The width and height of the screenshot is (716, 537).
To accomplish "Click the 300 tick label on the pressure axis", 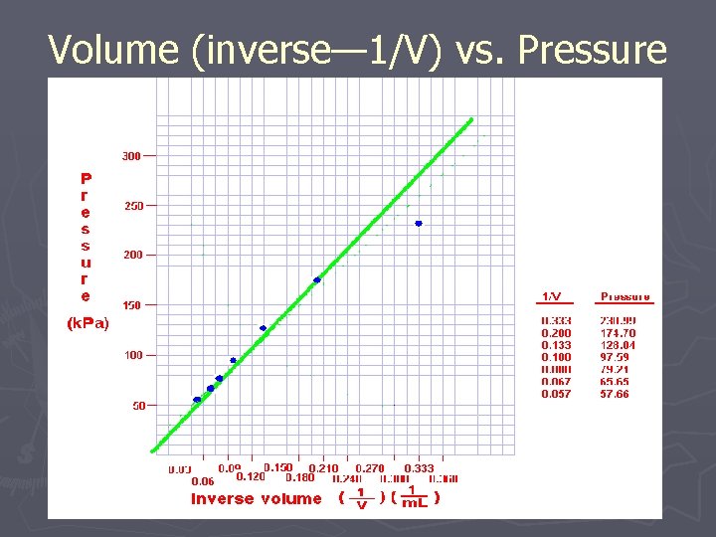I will pyautogui.click(x=131, y=156).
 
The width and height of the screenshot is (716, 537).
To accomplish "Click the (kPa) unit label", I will pyautogui.click(x=88, y=323).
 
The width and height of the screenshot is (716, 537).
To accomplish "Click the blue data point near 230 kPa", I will pyautogui.click(x=419, y=224).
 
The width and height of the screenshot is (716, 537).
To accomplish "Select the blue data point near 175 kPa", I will pyautogui.click(x=317, y=280).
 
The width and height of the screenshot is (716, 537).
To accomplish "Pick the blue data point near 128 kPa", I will pyautogui.click(x=263, y=328).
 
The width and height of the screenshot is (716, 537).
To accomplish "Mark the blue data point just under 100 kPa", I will pyautogui.click(x=233, y=360).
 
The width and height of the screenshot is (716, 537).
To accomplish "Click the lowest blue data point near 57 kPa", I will pyautogui.click(x=197, y=400).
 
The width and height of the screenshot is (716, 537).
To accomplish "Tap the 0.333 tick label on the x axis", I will pyautogui.click(x=419, y=468).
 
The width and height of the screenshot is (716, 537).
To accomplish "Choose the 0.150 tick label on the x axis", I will pyautogui.click(x=278, y=467).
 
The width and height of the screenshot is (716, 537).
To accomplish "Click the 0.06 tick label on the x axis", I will pyautogui.click(x=203, y=481).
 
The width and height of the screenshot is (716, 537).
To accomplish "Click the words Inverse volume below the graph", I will pyautogui.click(x=257, y=499).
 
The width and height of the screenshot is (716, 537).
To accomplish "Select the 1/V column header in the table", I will pyautogui.click(x=552, y=296).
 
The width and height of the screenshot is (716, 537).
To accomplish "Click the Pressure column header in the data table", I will pyautogui.click(x=626, y=296).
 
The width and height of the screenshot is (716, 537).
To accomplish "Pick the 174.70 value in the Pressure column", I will pyautogui.click(x=618, y=333).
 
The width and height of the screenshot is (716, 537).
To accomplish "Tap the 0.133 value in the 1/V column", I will pyautogui.click(x=556, y=345).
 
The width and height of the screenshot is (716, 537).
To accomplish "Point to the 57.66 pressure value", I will pyautogui.click(x=615, y=394).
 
